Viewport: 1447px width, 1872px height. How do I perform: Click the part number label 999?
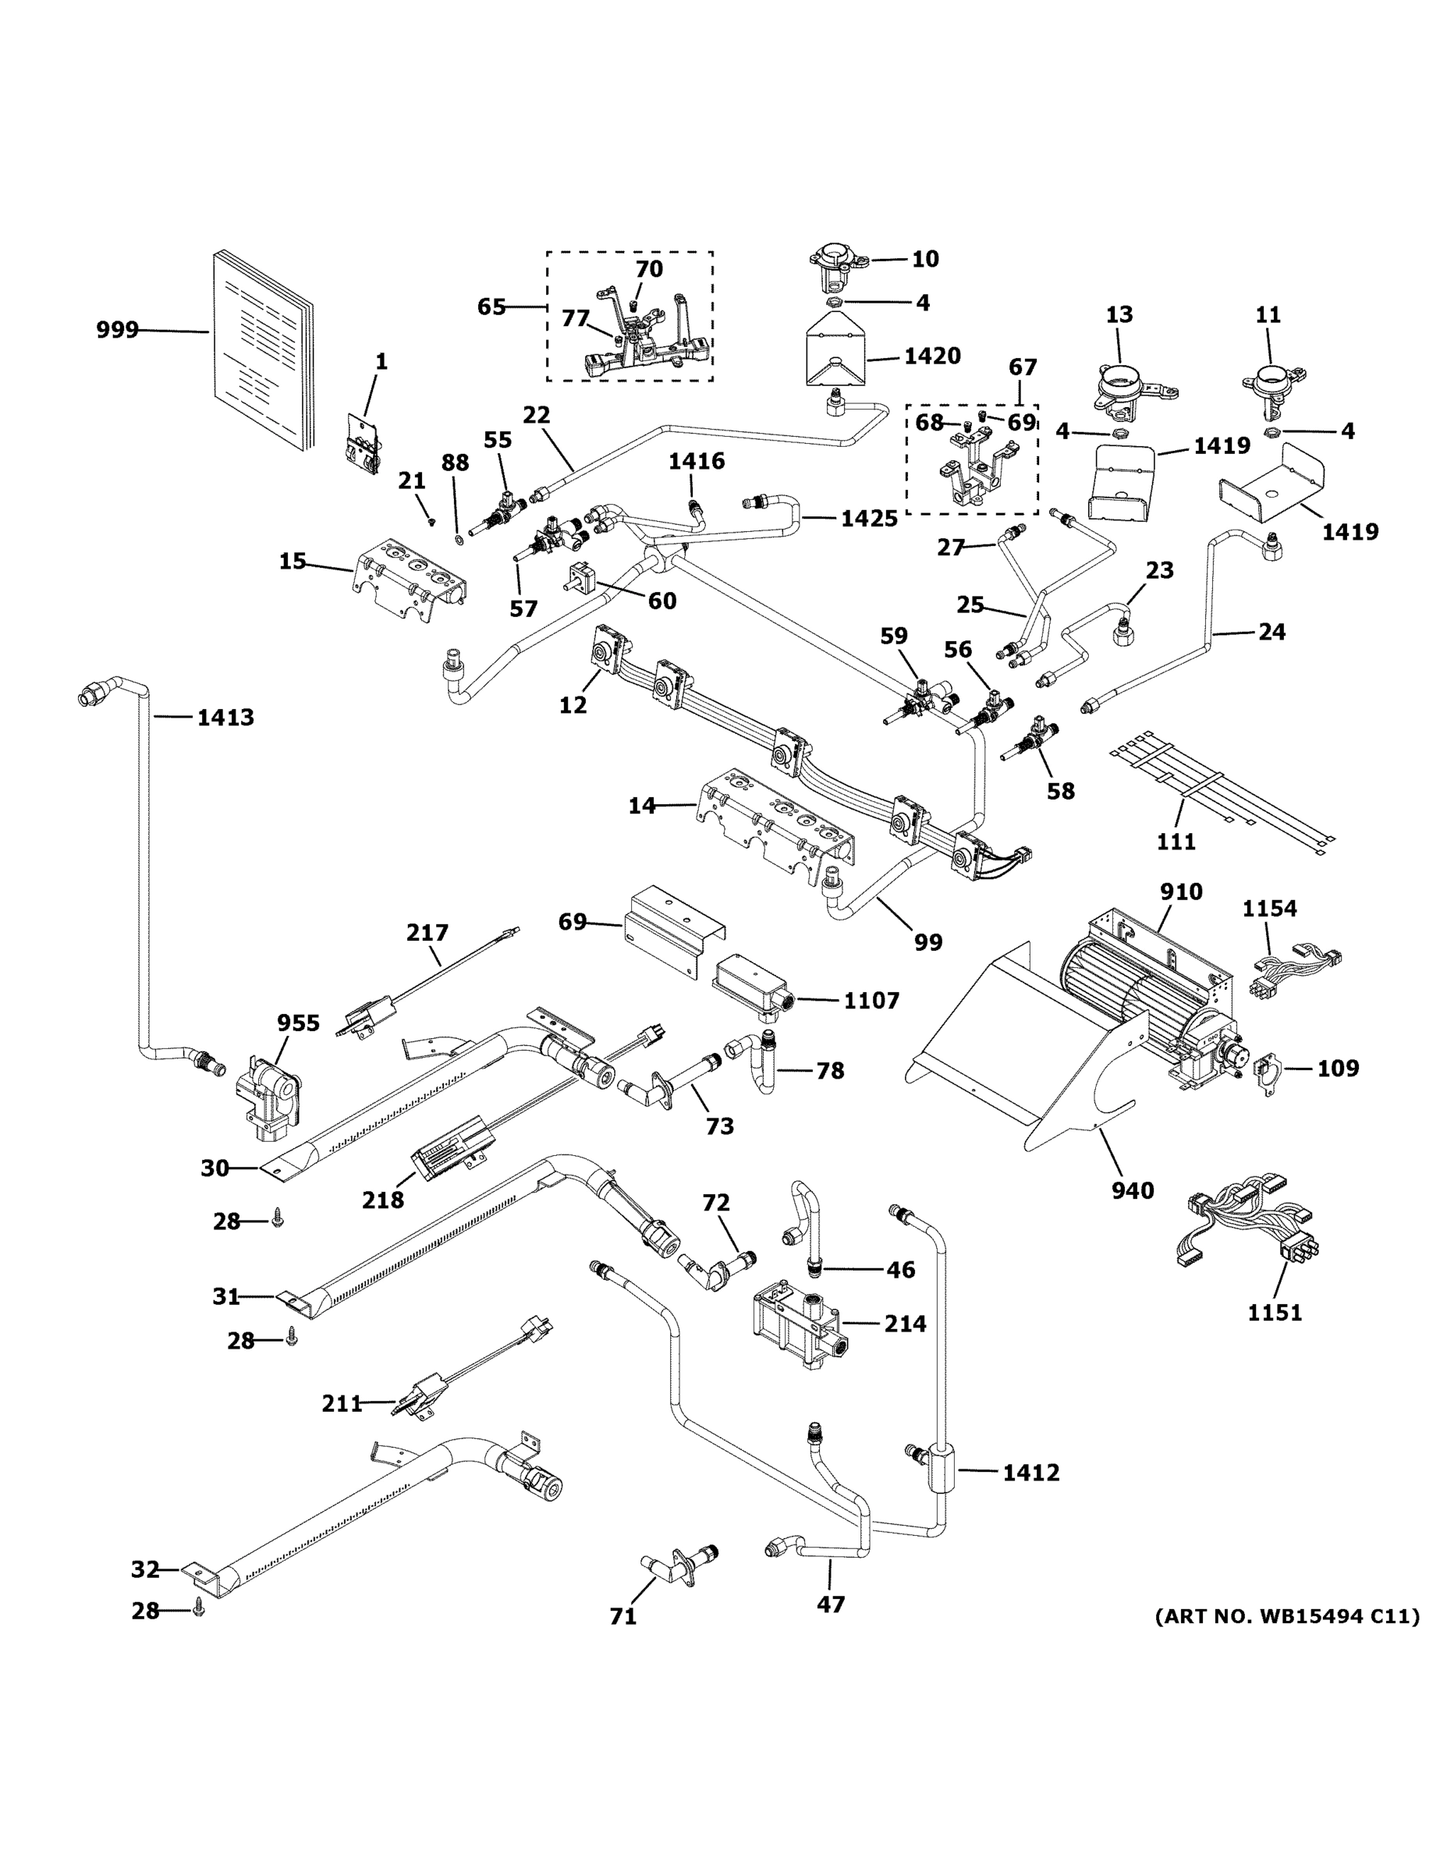coord(116,330)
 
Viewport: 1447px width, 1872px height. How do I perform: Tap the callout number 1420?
coord(932,356)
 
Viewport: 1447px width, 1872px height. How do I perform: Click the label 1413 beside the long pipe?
coord(225,718)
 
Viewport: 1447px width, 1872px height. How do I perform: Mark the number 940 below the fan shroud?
coord(1133,1190)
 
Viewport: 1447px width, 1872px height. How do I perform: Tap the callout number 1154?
coord(1270,909)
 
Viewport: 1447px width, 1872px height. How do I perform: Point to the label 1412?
coord(1031,1473)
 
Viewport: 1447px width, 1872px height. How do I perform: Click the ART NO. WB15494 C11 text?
coord(1286,1617)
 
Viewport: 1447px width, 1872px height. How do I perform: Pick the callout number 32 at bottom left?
coord(145,1569)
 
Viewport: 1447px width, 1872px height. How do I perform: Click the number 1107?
coord(871,1000)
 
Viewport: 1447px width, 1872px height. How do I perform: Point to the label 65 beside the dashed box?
coord(491,306)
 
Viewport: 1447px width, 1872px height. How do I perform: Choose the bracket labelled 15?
coord(410,579)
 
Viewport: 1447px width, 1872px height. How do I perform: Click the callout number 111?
coord(1176,842)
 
